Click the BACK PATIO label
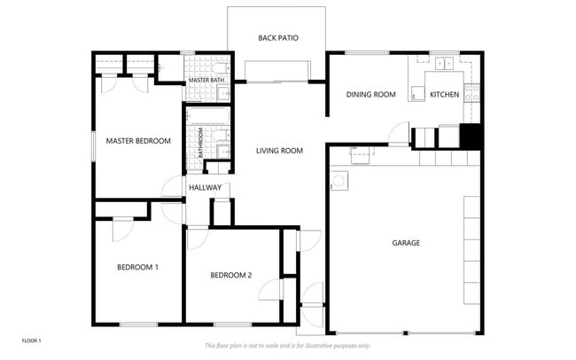click(277, 38)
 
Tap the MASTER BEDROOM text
click(138, 140)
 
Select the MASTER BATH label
click(206, 81)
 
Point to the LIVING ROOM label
click(279, 151)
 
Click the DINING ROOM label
click(370, 94)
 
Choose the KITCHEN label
click(444, 94)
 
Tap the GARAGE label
click(406, 242)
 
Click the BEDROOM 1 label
click(137, 267)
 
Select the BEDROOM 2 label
click(230, 275)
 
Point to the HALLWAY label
click(205, 187)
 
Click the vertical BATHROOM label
click(200, 142)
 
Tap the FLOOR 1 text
click(31, 340)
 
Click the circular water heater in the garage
click(339, 182)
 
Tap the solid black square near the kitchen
click(471, 136)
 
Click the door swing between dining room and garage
click(399, 133)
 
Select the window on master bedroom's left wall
click(93, 145)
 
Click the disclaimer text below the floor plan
click(287, 345)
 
